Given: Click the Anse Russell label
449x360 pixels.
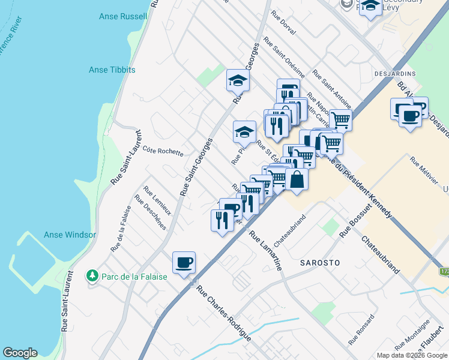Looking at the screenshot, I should point(125,16).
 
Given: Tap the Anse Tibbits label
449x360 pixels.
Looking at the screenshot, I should point(112,70).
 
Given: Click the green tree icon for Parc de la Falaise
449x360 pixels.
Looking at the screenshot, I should point(92,276).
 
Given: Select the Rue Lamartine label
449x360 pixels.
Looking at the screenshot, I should point(266,251).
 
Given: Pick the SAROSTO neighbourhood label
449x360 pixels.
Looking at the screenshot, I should point(320,263).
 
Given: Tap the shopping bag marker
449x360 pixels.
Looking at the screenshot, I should point(297,179).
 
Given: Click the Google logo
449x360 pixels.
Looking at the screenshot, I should point(20,353).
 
